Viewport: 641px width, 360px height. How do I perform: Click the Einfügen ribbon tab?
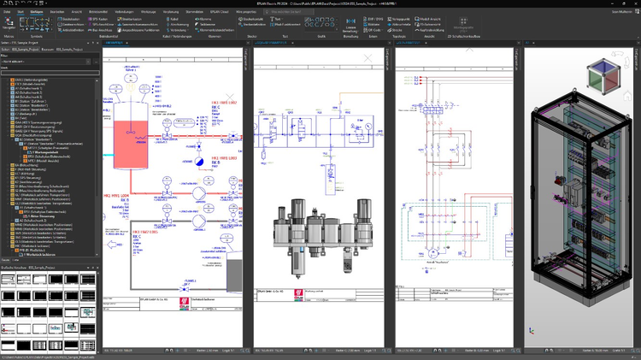(x=38, y=11)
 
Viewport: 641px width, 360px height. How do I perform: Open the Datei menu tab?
(x=7, y=11)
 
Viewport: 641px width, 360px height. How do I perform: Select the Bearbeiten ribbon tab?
(x=57, y=11)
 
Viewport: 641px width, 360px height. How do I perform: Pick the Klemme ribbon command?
(x=205, y=18)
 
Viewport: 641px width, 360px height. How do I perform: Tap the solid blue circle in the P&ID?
(x=197, y=160)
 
